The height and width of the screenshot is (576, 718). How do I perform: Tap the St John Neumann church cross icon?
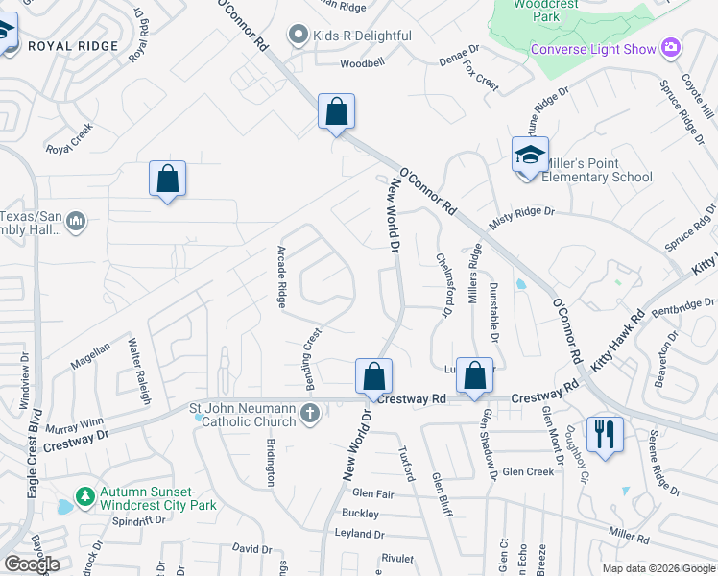pos(309,414)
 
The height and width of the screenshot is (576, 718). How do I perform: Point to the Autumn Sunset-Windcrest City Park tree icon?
pos(85,497)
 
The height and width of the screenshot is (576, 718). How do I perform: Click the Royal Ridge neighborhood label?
pos(73,45)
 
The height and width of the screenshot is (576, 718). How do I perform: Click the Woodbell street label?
pos(362,64)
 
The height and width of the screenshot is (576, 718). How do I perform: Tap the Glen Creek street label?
pos(528,471)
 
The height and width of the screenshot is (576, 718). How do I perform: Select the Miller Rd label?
pos(630,533)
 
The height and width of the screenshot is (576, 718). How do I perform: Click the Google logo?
pos(33,564)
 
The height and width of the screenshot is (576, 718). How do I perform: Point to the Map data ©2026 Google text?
pos(658,568)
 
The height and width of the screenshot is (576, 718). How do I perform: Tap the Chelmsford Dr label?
pos(443,284)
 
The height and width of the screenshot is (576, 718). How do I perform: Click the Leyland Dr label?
pos(359,534)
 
